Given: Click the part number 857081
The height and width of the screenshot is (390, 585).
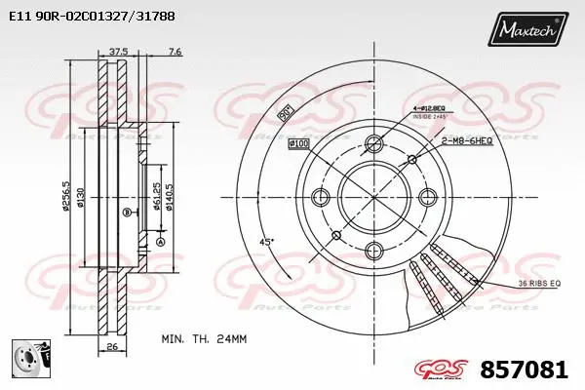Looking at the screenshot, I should click(x=525, y=370).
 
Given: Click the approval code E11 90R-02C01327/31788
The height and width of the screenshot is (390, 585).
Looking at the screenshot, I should click(x=92, y=16).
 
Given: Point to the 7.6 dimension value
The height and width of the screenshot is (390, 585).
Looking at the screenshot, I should click(x=175, y=52).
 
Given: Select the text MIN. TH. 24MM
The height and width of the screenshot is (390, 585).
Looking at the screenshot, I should click(x=202, y=339).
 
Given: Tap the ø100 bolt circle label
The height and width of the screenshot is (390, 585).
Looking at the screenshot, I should click(x=299, y=145).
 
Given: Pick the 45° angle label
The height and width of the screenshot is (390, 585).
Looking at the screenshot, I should click(x=266, y=241).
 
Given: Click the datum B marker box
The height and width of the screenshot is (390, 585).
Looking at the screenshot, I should click(x=127, y=212).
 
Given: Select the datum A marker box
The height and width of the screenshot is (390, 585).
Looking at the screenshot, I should click(x=160, y=240).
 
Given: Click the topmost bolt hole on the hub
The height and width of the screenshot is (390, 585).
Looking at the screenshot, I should click(x=374, y=145).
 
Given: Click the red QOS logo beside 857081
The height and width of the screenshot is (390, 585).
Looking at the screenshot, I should click(x=445, y=370).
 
